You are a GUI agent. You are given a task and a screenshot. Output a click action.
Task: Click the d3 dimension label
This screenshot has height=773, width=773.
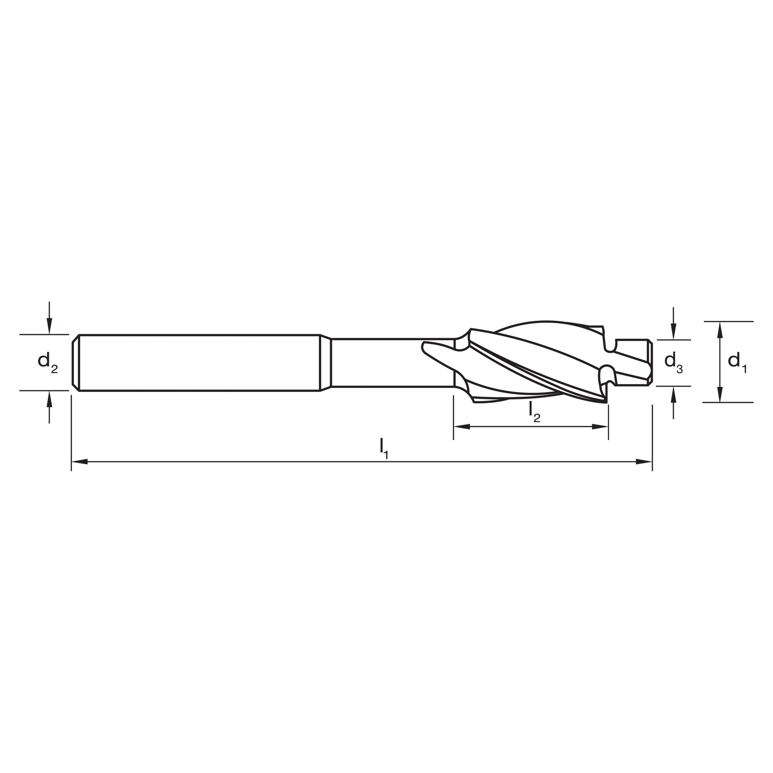coord(673,362)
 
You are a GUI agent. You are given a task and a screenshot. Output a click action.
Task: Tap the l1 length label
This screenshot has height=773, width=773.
coord(384,448)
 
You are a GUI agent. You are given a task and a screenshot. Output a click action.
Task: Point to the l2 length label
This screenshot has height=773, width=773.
coord(534,412)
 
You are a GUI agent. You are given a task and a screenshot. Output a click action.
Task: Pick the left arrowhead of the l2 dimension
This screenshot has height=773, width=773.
coord(462,427)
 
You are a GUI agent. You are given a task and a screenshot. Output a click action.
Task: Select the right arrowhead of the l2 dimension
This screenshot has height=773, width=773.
coord(600,427)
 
